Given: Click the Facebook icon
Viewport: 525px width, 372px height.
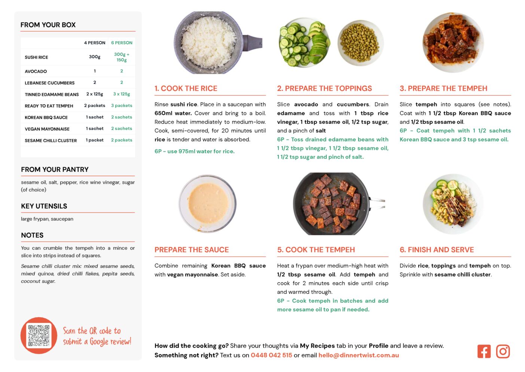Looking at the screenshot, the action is click(x=484, y=351).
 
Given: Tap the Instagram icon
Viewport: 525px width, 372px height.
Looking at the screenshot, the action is click(x=503, y=351).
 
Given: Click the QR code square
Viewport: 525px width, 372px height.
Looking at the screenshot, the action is click(x=39, y=336).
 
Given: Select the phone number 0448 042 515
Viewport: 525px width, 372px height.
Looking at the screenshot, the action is click(x=271, y=355).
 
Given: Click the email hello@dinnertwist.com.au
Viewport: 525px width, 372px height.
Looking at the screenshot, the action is click(x=358, y=355).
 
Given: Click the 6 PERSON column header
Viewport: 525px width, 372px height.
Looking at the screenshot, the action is click(x=122, y=43).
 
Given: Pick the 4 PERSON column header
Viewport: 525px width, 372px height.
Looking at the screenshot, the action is click(x=95, y=43).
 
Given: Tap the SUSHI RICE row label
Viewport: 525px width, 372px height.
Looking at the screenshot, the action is click(x=36, y=57).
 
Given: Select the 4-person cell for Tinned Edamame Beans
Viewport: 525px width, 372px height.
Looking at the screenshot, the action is click(x=95, y=94).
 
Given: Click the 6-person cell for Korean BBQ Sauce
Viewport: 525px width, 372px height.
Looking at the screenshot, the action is click(x=122, y=117).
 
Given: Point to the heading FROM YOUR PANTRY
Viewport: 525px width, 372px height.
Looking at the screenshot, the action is click(x=55, y=169).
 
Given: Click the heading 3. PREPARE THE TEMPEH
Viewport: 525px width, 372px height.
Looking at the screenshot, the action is click(x=443, y=88).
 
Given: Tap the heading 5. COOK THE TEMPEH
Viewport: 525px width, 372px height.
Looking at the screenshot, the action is click(x=316, y=250).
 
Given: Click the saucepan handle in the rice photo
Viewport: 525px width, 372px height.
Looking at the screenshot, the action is click(x=253, y=43).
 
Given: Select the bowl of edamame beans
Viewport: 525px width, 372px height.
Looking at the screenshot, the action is click(x=360, y=43).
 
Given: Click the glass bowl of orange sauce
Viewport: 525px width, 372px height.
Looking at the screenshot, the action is click(x=208, y=203).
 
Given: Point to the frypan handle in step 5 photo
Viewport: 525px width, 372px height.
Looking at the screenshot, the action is click(x=377, y=203).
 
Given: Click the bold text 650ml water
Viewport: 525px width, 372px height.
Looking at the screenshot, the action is click(x=173, y=113).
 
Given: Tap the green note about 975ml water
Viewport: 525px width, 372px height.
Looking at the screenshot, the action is click(x=195, y=151).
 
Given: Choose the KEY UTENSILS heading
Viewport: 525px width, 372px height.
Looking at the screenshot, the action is click(x=44, y=206).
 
